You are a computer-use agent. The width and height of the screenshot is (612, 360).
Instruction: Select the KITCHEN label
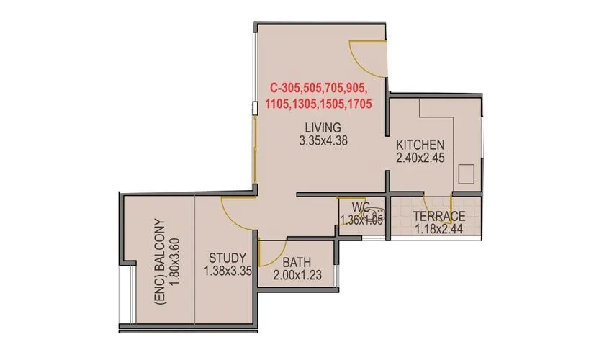420,144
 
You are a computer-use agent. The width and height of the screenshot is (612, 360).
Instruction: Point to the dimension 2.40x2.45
420,158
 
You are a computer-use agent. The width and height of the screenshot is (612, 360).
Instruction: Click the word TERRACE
438,217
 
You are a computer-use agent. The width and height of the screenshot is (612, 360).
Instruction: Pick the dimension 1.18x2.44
438,230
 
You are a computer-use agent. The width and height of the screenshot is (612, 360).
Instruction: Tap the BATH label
296,261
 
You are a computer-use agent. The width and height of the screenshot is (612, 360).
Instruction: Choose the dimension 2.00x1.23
296,274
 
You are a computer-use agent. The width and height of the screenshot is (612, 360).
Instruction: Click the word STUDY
228,258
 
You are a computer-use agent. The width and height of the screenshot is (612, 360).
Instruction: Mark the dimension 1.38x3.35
228,271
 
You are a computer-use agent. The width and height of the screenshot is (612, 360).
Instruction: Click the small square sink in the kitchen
466,174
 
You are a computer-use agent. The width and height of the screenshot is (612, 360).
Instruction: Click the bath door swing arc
270,252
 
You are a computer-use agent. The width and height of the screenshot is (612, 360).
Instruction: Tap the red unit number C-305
286,88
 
